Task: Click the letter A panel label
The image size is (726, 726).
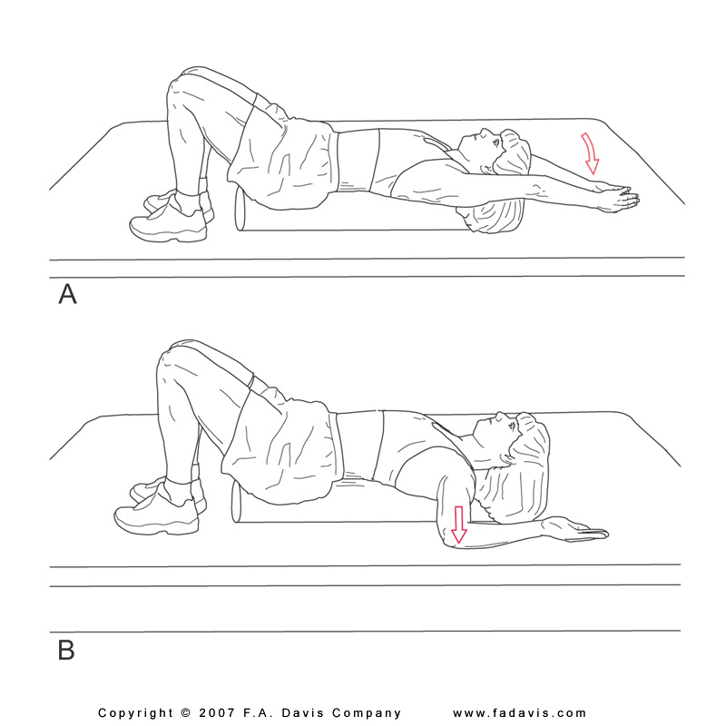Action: pos(67,293)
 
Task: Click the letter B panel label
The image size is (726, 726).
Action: pos(66,650)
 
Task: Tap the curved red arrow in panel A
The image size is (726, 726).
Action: pos(590,153)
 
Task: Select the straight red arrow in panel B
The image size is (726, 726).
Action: pos(458,525)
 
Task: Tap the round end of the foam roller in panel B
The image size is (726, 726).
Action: pos(237,503)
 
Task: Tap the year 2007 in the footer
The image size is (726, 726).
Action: pos(217,713)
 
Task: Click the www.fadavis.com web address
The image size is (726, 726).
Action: pos(519,713)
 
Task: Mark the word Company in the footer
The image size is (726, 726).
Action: pos(367,713)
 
